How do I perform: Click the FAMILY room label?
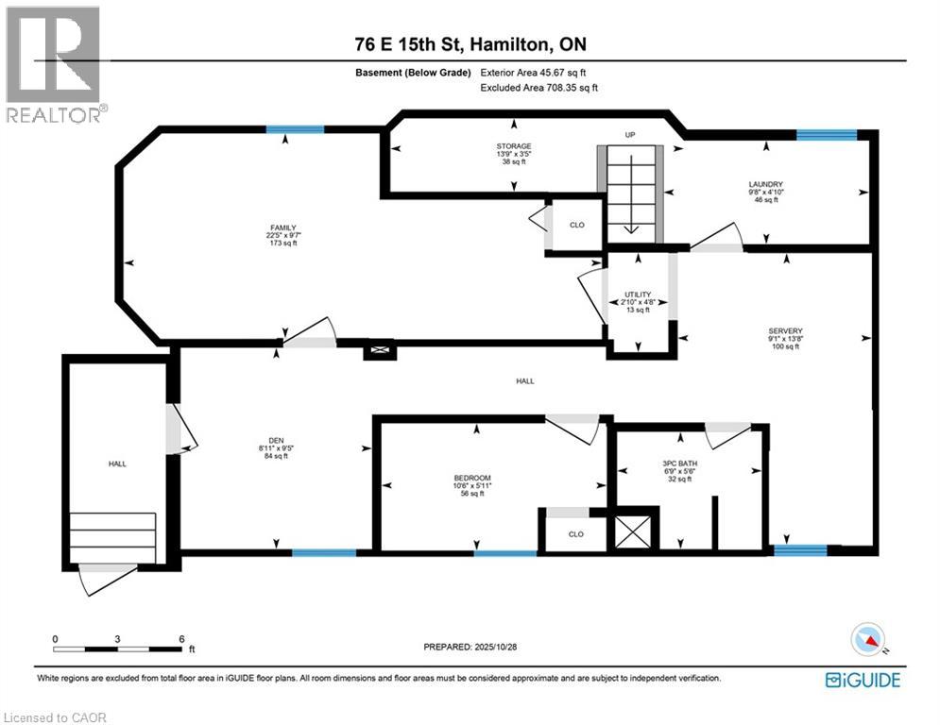[283, 228]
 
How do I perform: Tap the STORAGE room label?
[513, 146]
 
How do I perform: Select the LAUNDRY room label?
[766, 184]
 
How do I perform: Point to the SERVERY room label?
[785, 330]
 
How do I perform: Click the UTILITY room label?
[639, 295]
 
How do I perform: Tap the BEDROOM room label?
[472, 478]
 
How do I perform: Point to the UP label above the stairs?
[630, 136]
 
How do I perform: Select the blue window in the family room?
[294, 130]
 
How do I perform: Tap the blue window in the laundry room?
[826, 135]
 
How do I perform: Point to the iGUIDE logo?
[862, 680]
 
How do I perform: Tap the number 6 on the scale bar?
[180, 638]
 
